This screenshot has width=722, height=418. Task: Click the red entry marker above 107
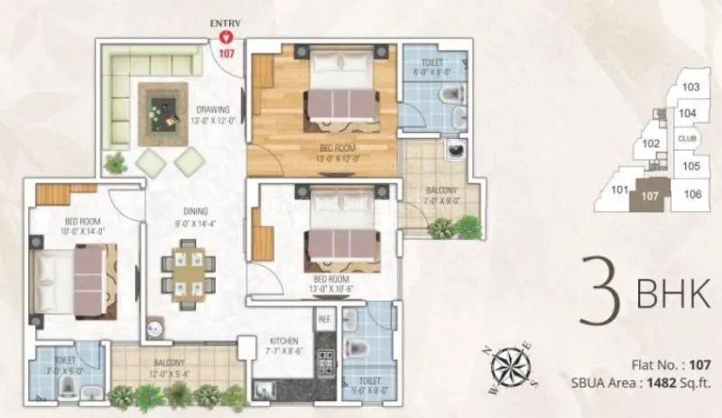227,37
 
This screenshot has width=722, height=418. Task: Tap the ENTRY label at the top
226,23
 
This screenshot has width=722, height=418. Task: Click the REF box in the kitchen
322,319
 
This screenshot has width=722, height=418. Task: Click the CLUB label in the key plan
688,139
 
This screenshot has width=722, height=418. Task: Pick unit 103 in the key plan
690,88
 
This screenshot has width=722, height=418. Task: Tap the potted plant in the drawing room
115,163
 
